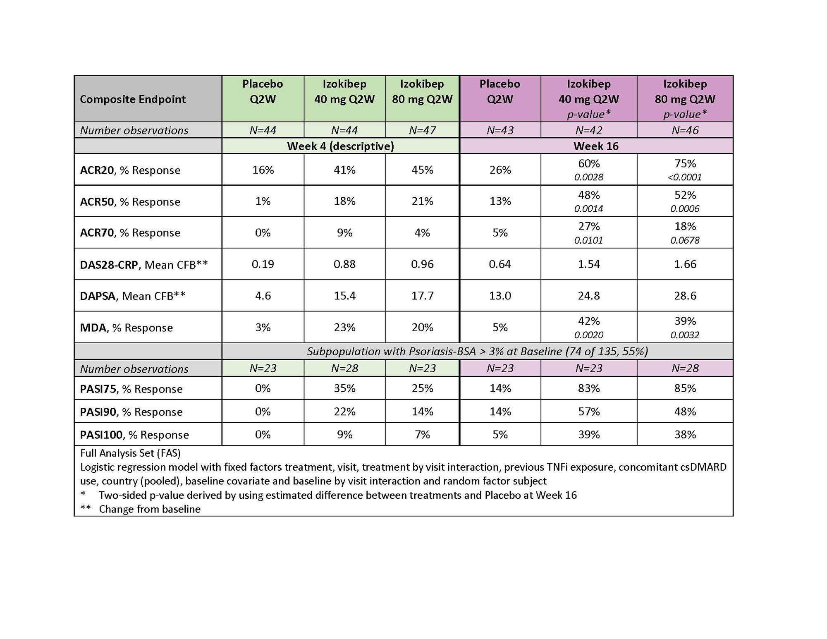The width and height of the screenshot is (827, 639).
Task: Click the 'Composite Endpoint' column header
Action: pyautogui.click(x=133, y=99)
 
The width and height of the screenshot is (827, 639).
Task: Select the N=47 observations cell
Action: pyautogui.click(x=422, y=130)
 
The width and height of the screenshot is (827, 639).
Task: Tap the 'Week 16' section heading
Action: pyautogui.click(x=596, y=146)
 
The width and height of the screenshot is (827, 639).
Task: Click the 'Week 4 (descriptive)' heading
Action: pyautogui.click(x=340, y=146)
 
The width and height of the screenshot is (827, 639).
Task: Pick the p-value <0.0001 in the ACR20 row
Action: pyautogui.click(x=685, y=177)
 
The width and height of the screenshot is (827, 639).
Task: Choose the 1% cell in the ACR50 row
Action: pyautogui.click(x=263, y=201)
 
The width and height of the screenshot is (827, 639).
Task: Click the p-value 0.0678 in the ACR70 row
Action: pyautogui.click(x=685, y=240)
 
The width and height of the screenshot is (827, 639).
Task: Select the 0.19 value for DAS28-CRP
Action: pyautogui.click(x=263, y=264)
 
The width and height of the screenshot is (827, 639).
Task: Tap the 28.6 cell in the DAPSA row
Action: pyautogui.click(x=685, y=296)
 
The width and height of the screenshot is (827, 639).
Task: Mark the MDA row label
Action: pyautogui.click(x=126, y=328)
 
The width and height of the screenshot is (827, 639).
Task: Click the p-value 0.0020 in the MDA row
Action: pyautogui.click(x=588, y=335)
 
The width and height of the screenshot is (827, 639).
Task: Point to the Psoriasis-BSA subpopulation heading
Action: pyautogui.click(x=477, y=352)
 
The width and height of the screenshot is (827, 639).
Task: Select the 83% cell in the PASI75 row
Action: pyautogui.click(x=588, y=388)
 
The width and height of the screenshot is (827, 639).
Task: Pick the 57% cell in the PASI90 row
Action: pyautogui.click(x=588, y=412)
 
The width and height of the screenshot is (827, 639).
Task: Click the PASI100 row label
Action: pyautogui.click(x=134, y=435)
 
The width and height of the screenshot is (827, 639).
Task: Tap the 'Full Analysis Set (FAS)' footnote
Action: pyautogui.click(x=130, y=453)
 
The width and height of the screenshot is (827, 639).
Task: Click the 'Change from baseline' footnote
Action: pyautogui.click(x=150, y=509)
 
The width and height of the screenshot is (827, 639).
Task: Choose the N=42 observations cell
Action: pyautogui.click(x=588, y=130)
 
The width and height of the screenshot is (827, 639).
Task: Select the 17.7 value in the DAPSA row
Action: pyautogui.click(x=422, y=296)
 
